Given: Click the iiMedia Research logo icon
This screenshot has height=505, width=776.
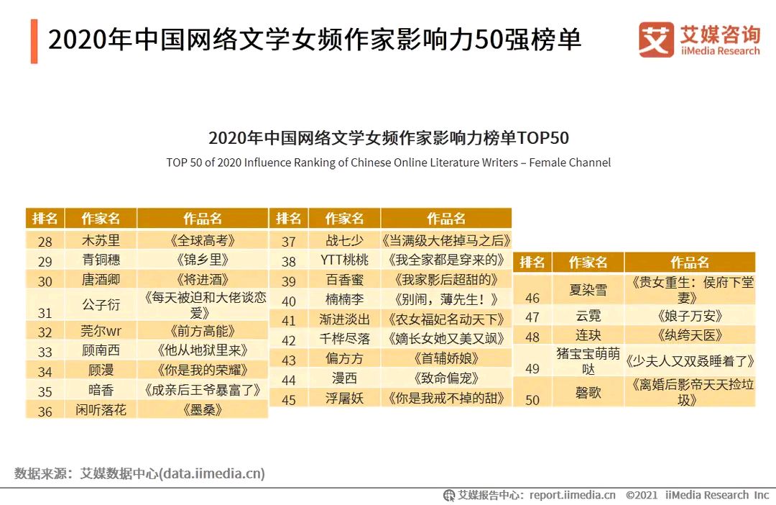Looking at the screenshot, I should click(x=656, y=40).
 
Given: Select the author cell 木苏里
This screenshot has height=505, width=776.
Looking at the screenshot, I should click(x=101, y=240).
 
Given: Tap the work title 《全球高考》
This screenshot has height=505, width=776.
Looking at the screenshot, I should click(x=202, y=240).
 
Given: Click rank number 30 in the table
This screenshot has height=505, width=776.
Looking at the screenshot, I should click(x=45, y=281).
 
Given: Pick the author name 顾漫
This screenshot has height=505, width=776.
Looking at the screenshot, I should click(x=101, y=371).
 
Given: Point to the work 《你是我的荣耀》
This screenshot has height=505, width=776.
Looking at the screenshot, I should click(x=202, y=371).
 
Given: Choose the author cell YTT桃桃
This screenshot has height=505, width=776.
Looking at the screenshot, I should click(x=344, y=260).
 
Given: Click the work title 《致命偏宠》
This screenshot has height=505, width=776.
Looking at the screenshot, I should click(x=445, y=378).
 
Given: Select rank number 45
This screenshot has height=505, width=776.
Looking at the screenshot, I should click(x=289, y=399).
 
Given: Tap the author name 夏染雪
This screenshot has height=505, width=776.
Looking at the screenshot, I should click(x=588, y=289).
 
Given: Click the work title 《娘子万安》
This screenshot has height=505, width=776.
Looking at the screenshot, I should click(x=689, y=316).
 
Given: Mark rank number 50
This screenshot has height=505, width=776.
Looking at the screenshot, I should click(x=532, y=399).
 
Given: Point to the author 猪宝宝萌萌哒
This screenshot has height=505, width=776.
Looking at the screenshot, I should click(x=588, y=361).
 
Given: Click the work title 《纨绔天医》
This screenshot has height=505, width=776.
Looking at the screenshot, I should click(x=689, y=336).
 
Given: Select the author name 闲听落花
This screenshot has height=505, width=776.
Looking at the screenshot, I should click(x=101, y=411).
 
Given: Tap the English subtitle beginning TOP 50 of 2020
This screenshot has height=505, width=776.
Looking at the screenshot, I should click(x=388, y=163).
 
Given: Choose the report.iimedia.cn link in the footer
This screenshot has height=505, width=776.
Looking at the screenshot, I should click(x=572, y=495).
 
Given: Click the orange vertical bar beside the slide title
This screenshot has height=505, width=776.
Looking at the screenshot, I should click(x=34, y=42).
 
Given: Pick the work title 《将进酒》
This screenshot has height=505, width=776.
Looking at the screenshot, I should click(x=202, y=280).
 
